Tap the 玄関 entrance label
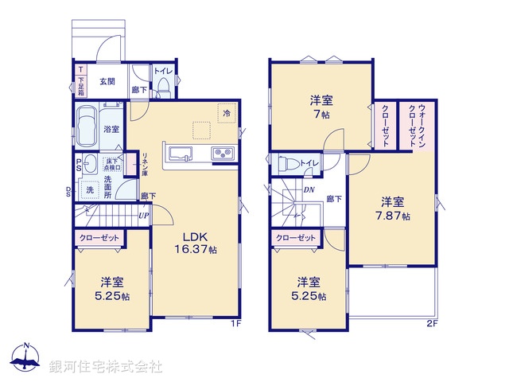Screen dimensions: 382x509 point(107,80)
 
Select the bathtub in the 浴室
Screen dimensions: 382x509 point(86,127)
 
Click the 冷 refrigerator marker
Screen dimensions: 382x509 point(226,114)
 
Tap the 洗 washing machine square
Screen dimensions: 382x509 point(90,189)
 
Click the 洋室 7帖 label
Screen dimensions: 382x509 point(321,107)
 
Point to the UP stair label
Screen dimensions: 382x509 point(143,215)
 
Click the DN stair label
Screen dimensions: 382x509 point(309,189)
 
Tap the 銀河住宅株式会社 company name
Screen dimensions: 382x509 point(106,367)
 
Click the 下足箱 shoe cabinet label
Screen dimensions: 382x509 point(81,84)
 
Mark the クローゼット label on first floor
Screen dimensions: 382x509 point(99,237)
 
